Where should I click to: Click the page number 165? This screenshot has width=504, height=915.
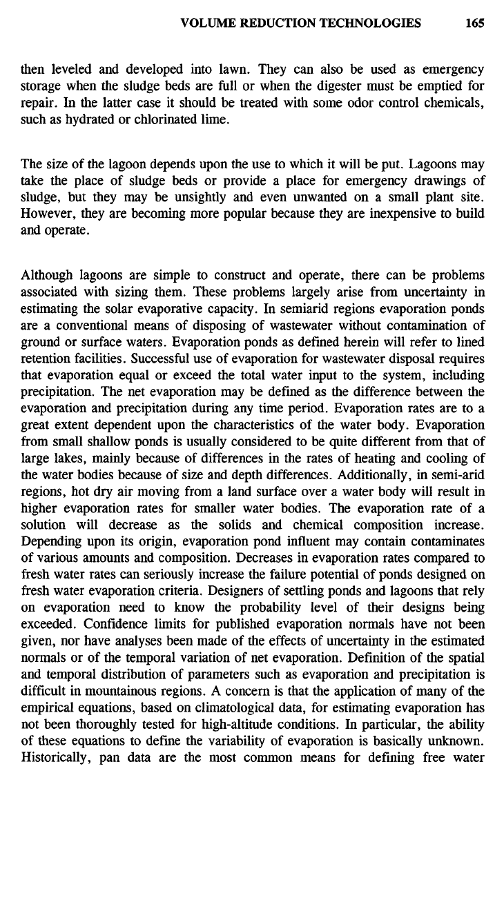coord(474,23)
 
